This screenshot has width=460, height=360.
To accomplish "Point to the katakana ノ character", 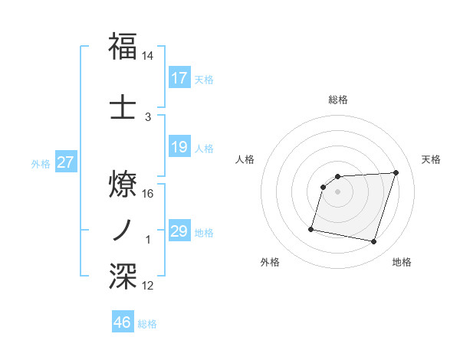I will pos(123,229).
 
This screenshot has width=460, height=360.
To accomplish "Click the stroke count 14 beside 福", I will pos(148,57).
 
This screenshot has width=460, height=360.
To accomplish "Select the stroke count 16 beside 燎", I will pos(148,194).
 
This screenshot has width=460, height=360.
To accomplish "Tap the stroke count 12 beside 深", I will pos(148,286).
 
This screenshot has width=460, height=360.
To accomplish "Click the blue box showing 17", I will pos(179,78).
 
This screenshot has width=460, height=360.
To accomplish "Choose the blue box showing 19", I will pos(179,147).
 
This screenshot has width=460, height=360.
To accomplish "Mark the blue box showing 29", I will pos(179,231).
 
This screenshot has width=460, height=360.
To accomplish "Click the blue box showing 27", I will pos(65,162).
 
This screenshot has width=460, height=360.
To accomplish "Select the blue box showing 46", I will pos(123,322).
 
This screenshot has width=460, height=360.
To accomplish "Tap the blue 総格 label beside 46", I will pos(148,324).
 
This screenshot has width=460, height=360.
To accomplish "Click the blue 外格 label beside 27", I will pos(41,163).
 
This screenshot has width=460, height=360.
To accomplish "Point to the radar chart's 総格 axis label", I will pos(338,100).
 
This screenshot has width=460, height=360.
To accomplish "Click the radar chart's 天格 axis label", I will pos(432,159).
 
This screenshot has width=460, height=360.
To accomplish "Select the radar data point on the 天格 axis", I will pos(396,172).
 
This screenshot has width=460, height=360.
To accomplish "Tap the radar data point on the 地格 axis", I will pos(373,242).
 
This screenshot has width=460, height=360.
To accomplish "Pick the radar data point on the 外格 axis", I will pos(311,228).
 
